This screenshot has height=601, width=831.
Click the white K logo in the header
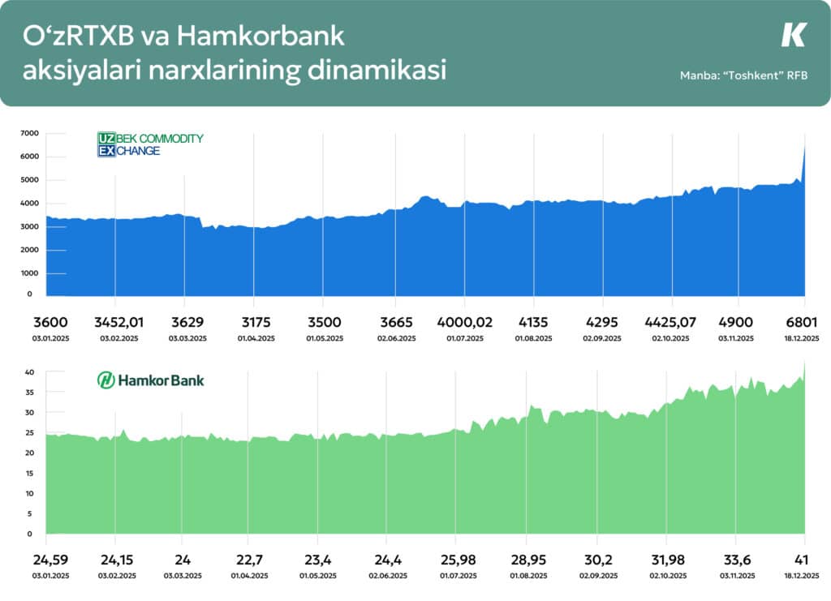click(x=794, y=35)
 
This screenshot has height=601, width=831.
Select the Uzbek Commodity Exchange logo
click(x=150, y=144)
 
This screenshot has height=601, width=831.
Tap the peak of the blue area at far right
click(x=804, y=146)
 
